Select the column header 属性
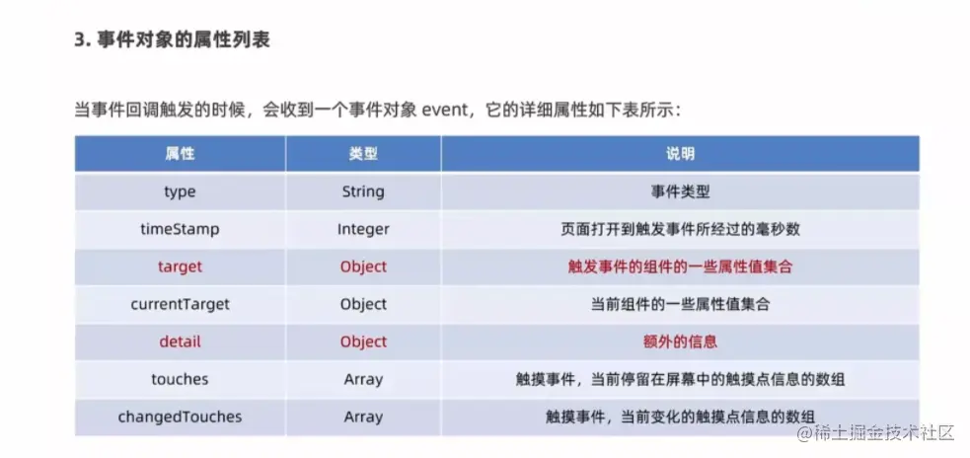(180, 154)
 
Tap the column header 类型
(363, 154)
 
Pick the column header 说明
(680, 154)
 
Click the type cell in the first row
(180, 191)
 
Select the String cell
(363, 191)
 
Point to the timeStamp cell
(180, 229)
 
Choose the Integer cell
(363, 230)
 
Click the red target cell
(180, 267)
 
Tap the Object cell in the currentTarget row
(363, 304)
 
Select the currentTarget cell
(180, 304)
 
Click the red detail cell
(180, 342)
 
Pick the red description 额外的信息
(680, 342)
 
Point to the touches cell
(180, 379)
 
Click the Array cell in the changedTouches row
(363, 418)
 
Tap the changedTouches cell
(180, 418)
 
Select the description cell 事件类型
(680, 191)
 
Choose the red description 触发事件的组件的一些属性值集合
(680, 267)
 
